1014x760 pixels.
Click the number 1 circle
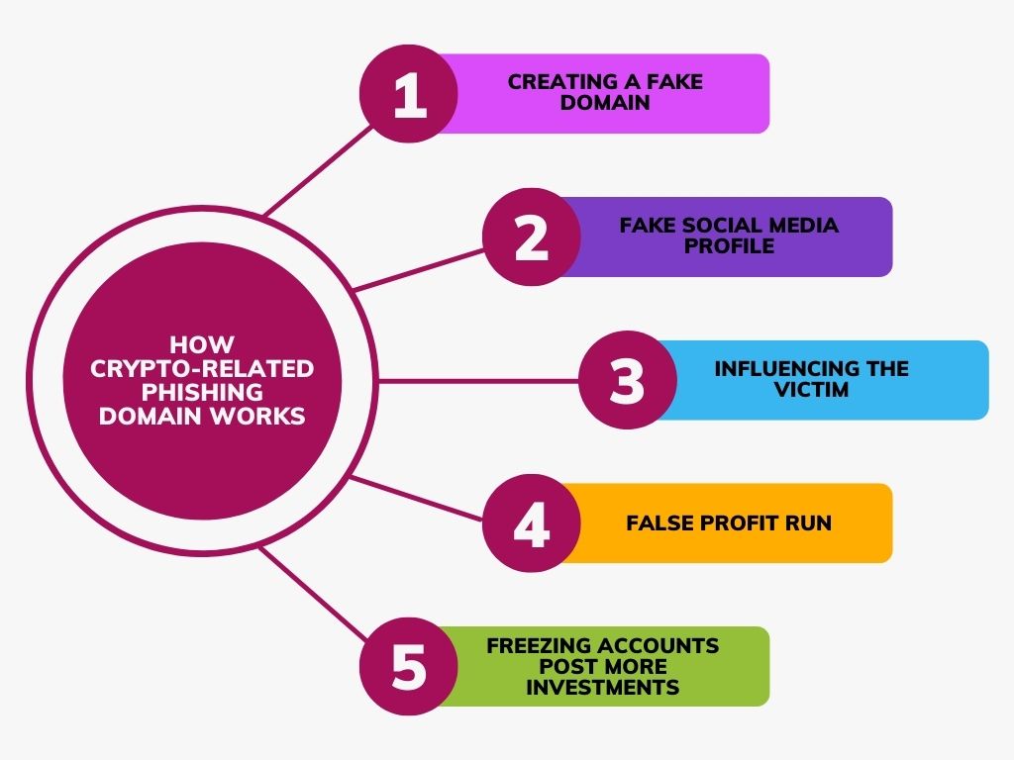[409, 94]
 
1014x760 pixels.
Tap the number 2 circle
[532, 237]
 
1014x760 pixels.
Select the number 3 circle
[627, 380]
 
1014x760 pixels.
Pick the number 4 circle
[532, 522]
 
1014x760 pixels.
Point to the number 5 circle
[409, 666]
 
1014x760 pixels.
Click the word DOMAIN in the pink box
[605, 103]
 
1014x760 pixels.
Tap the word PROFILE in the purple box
[729, 246]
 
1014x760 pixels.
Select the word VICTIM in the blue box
[812, 390]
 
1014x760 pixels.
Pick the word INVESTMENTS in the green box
[603, 687]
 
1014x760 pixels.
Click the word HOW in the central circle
[202, 343]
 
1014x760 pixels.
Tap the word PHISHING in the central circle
[202, 392]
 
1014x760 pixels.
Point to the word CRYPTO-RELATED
[202, 368]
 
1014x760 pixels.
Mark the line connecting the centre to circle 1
[319, 170]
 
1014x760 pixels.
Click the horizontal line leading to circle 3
[478, 381]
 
